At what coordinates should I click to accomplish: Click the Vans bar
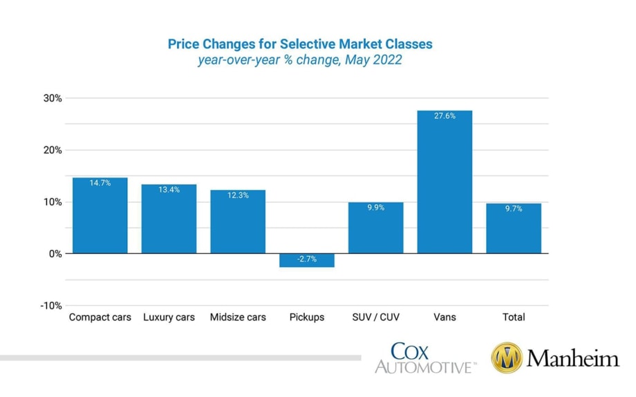pos(445,182)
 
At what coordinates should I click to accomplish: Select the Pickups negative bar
pos(306,260)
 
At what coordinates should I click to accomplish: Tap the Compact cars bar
pos(100,215)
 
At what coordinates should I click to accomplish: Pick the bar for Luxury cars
pos(169,219)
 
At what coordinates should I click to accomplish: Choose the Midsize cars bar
pos(238,222)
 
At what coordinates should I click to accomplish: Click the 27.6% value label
pos(445,116)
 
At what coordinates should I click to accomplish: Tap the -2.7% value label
pos(306,258)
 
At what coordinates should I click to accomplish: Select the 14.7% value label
pos(100,183)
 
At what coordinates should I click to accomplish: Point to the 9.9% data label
pos(375,208)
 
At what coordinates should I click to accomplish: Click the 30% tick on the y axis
pos(52,98)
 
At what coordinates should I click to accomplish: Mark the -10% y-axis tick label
pos(50,306)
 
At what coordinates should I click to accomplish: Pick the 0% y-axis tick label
pos(55,254)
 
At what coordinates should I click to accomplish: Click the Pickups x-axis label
pos(306,318)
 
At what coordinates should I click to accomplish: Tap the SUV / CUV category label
pos(375,318)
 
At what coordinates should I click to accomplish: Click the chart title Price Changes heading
pos(300,44)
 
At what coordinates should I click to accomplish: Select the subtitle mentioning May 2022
pos(300,60)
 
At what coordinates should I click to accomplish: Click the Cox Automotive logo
pos(424,358)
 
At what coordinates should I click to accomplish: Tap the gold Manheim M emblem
pos(506,358)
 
